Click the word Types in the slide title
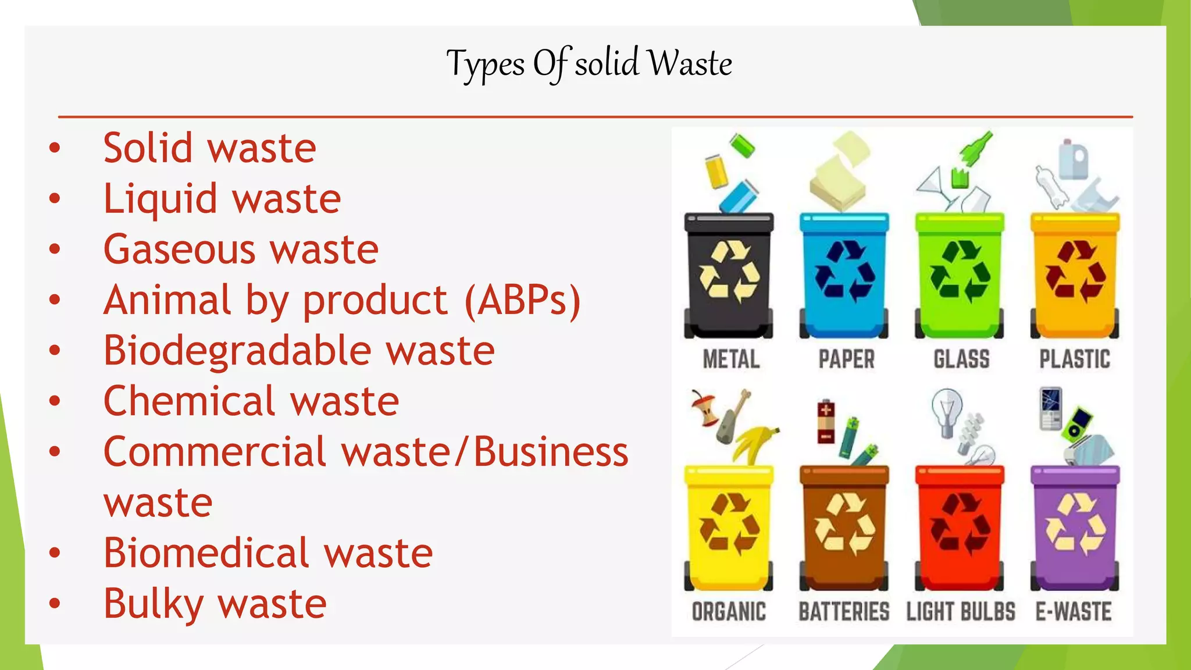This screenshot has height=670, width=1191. (x=486, y=64)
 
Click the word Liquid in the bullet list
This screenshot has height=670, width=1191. (x=160, y=199)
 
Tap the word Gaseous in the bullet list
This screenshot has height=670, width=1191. (x=179, y=250)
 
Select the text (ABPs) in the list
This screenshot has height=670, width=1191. (x=522, y=300)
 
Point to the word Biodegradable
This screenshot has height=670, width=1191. (x=237, y=351)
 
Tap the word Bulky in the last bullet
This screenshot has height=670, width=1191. (x=153, y=604)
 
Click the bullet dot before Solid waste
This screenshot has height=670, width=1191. (x=55, y=148)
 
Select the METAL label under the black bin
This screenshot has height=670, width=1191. (x=731, y=359)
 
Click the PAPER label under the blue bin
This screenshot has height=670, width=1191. (x=846, y=359)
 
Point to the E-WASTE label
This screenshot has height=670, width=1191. (x=1074, y=611)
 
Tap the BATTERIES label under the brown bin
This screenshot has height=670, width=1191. (x=844, y=611)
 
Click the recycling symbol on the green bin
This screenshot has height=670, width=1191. (x=960, y=272)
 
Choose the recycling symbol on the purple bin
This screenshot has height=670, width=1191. (x=1075, y=524)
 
